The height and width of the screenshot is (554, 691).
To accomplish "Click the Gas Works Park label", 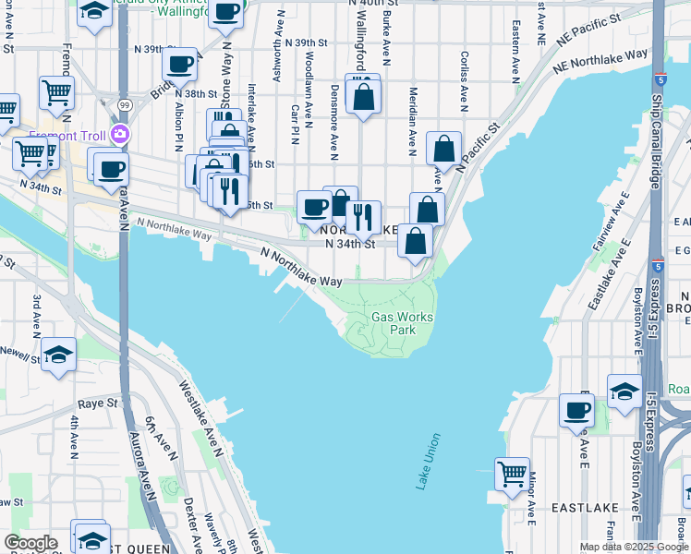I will tap(402, 323).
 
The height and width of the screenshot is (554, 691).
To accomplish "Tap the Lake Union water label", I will tap(428, 462).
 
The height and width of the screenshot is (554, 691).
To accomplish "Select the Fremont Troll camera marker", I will tap(119, 135).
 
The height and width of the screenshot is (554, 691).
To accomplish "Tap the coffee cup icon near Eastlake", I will tap(576, 411).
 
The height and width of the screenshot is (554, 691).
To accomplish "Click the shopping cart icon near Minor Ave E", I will tap(511, 475).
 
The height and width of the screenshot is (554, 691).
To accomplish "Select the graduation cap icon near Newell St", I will tap(57, 356).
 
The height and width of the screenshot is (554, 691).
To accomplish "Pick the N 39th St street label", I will tap(307, 42).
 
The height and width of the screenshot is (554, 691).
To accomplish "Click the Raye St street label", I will tap(99, 403).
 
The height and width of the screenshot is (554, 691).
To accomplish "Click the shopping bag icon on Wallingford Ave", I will tap(363, 95).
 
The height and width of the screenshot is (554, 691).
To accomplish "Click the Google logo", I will tap(30, 543).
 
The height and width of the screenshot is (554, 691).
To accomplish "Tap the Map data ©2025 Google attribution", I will tap(633, 547).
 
